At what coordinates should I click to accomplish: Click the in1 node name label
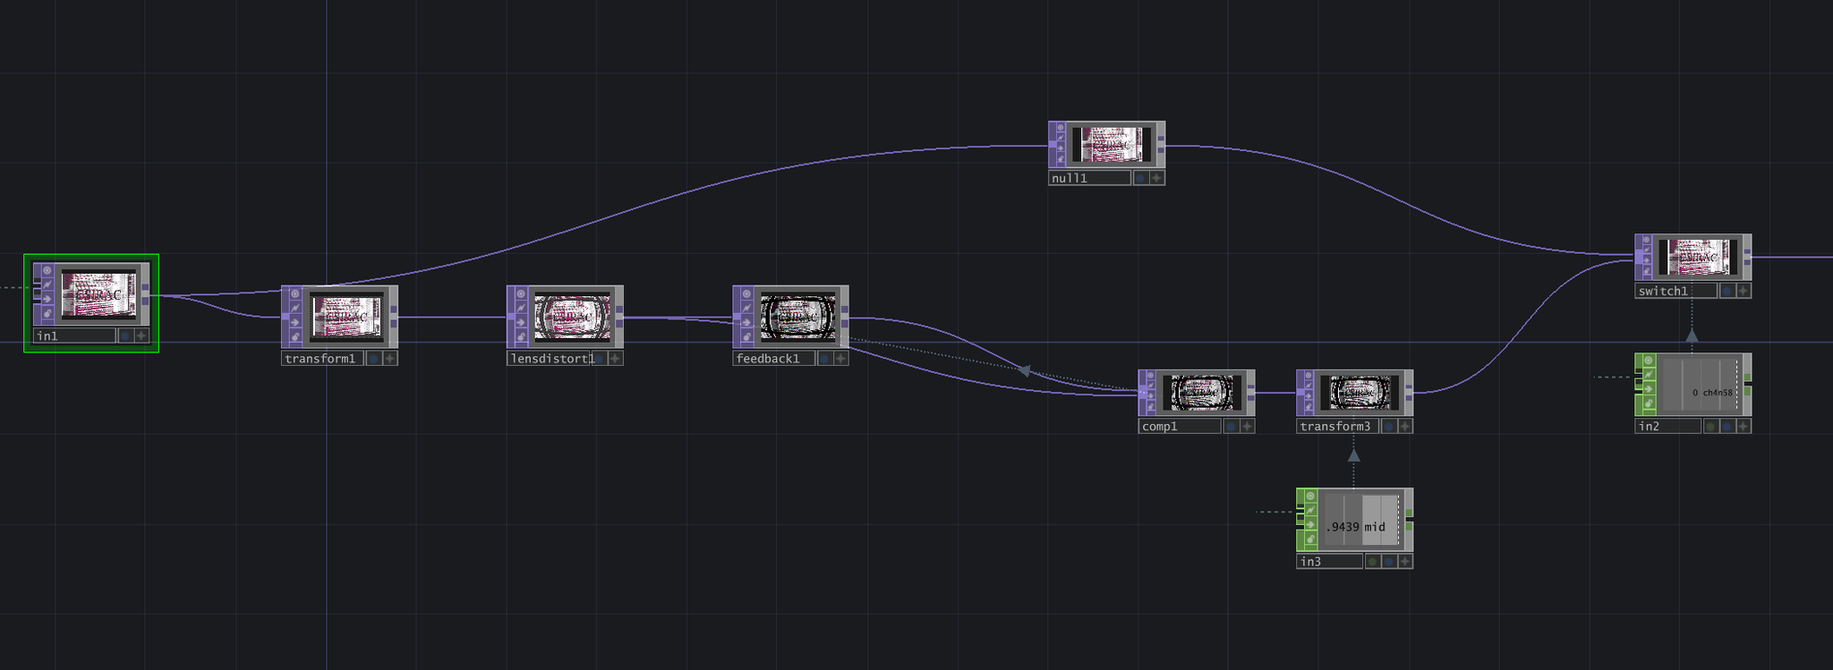pyautogui.click(x=74, y=336)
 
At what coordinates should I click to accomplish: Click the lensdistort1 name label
pyautogui.click(x=551, y=359)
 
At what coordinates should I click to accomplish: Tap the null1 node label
pyautogui.click(x=1088, y=178)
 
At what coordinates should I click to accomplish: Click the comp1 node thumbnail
pyautogui.click(x=1203, y=392)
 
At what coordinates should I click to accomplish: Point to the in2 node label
pyautogui.click(x=1667, y=427)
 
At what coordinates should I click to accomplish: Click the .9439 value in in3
pyautogui.click(x=1343, y=527)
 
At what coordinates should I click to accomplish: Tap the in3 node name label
pyautogui.click(x=1328, y=562)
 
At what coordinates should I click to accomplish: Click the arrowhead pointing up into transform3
pyautogui.click(x=1353, y=455)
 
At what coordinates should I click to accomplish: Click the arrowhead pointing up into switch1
pyautogui.click(x=1692, y=335)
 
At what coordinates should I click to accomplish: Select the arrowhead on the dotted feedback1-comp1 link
pyautogui.click(x=1025, y=369)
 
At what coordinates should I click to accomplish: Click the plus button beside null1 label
pyautogui.click(x=1156, y=178)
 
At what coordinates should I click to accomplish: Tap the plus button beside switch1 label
pyautogui.click(x=1743, y=291)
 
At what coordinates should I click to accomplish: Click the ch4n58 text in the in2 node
pyautogui.click(x=1718, y=393)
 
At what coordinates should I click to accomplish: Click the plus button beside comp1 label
pyautogui.click(x=1247, y=427)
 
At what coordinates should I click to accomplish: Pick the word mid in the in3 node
pyautogui.click(x=1375, y=527)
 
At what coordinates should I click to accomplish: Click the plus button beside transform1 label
pyautogui.click(x=390, y=359)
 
